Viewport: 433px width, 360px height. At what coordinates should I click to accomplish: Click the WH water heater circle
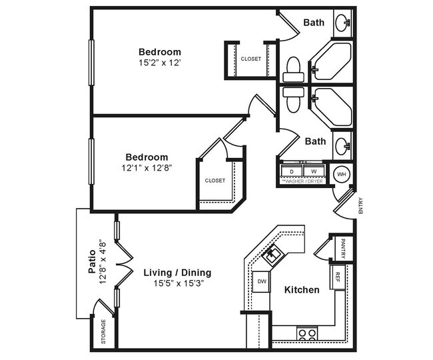[341, 174]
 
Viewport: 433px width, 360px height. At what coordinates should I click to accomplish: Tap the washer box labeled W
[314, 171]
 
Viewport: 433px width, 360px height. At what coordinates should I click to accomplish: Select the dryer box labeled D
[291, 171]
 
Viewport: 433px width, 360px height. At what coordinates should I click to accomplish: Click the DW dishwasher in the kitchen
[262, 281]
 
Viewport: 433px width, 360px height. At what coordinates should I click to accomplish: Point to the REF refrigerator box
[338, 275]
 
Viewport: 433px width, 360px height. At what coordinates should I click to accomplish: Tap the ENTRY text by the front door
[360, 205]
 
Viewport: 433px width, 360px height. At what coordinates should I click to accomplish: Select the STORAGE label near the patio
[103, 332]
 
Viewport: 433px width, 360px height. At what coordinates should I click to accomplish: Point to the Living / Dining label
[177, 272]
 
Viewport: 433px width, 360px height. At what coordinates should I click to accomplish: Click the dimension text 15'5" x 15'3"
[177, 283]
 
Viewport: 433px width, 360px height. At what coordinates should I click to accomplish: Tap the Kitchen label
[302, 290]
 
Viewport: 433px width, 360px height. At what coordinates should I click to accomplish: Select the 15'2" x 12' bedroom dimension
[159, 63]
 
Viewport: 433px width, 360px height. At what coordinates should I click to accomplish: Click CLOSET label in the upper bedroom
[251, 59]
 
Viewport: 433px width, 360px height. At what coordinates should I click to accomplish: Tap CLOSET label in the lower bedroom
[215, 181]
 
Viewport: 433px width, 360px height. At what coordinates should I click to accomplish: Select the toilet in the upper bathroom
[292, 67]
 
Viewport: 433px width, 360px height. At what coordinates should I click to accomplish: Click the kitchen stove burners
[307, 333]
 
